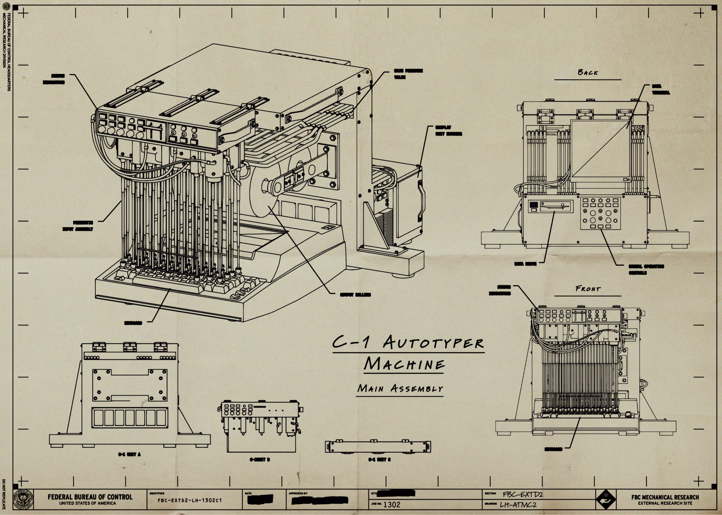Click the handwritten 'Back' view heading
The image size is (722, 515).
pos(587,73)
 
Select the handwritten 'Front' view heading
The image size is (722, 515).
pos(588,289)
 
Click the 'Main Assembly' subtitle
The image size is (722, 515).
pos(400,388)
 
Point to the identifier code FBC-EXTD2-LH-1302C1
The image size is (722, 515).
pos(190,501)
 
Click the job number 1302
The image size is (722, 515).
pos(392,504)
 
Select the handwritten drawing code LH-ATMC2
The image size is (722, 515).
pos(518,504)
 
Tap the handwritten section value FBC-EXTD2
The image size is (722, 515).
pos(523,495)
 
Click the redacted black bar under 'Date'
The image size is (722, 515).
pos(260,500)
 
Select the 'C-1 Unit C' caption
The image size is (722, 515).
pos(379,460)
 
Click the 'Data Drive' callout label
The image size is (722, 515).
pos(526,263)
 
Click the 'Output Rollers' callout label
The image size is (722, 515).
pos(355,295)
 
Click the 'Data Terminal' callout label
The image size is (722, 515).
pos(661,89)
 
